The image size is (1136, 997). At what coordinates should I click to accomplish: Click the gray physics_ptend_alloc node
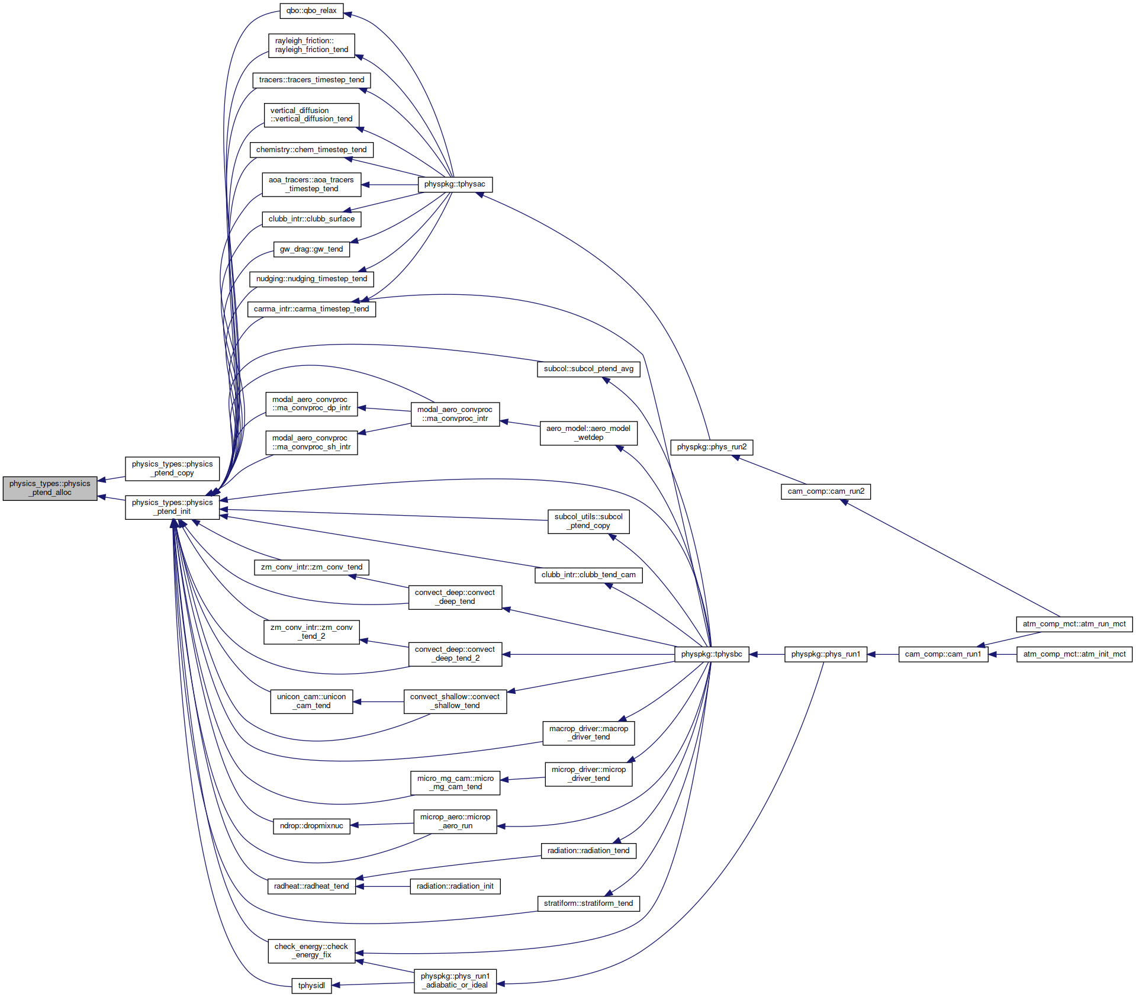click(50, 488)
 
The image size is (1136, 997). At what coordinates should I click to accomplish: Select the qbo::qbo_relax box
click(311, 11)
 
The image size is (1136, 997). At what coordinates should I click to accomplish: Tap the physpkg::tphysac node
click(455, 184)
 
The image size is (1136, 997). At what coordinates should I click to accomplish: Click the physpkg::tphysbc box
click(712, 654)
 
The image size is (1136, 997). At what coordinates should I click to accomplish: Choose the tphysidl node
click(311, 986)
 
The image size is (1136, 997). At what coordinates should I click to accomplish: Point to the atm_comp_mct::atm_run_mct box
click(1074, 624)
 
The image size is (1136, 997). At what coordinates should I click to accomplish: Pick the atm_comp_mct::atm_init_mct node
click(1074, 654)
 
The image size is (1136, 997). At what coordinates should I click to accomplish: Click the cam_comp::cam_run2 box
click(826, 491)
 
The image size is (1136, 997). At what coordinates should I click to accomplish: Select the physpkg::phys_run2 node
click(712, 447)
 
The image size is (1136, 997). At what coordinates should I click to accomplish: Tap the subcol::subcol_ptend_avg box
click(588, 369)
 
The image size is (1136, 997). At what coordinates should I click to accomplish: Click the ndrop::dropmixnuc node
click(311, 826)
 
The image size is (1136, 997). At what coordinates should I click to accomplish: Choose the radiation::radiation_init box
click(455, 886)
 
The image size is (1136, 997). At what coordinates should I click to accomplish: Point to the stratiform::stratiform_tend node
click(588, 903)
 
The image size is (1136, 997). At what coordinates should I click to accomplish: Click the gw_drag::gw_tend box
click(311, 249)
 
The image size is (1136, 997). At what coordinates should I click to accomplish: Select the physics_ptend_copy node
click(172, 469)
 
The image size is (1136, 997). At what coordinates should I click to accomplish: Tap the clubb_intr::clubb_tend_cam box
click(588, 575)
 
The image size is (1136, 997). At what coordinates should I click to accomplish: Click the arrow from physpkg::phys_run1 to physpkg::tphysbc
click(767, 654)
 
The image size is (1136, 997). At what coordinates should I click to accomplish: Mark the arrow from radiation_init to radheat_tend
click(383, 886)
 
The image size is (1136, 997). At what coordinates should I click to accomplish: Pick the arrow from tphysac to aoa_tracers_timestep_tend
click(390, 185)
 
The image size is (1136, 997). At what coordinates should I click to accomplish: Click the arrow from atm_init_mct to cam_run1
click(1003, 654)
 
